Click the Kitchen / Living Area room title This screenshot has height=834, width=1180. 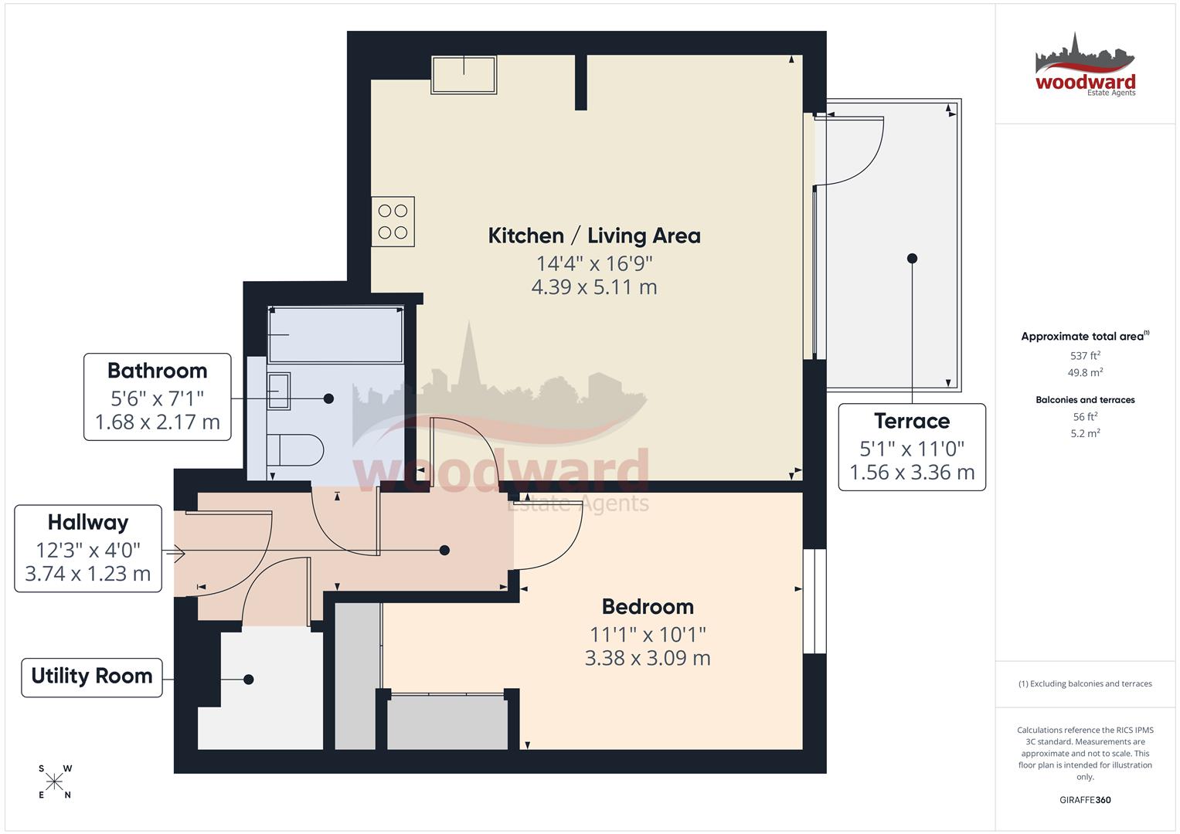(x=593, y=236)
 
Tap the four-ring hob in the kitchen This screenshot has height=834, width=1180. (x=393, y=221)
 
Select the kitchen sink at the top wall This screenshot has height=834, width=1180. (x=464, y=75)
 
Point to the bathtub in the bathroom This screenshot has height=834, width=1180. (x=335, y=334)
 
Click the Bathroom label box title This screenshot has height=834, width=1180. (x=157, y=371)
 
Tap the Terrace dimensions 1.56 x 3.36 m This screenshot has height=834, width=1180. (x=912, y=473)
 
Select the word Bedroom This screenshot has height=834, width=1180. (x=648, y=607)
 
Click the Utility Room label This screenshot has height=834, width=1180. (x=91, y=676)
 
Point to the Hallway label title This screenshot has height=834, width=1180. (x=87, y=523)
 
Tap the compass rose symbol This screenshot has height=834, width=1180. (x=54, y=782)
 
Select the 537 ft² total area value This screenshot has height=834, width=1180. (x=1085, y=356)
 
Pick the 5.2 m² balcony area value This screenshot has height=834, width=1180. (x=1085, y=434)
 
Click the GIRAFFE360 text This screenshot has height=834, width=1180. (x=1085, y=800)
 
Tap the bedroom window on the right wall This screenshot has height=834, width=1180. (x=814, y=602)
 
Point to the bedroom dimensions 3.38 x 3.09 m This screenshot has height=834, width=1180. (x=648, y=659)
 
